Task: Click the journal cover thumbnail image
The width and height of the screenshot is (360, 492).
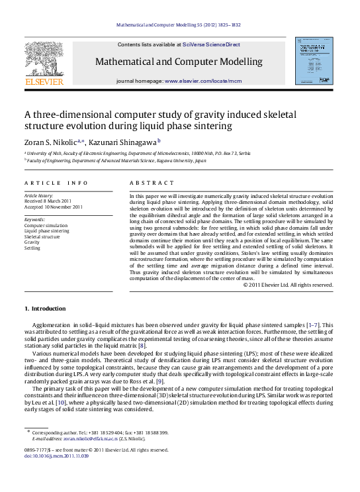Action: tap(314, 60)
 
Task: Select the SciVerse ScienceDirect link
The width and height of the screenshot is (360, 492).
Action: tap(211, 44)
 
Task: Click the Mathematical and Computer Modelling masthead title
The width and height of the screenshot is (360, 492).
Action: tap(179, 62)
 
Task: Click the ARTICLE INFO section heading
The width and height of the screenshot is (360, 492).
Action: tap(56, 182)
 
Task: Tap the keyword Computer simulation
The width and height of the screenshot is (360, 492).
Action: tap(46, 225)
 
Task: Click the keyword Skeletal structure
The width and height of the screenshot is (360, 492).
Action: tap(42, 236)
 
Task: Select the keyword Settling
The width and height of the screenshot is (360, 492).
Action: tap(32, 248)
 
